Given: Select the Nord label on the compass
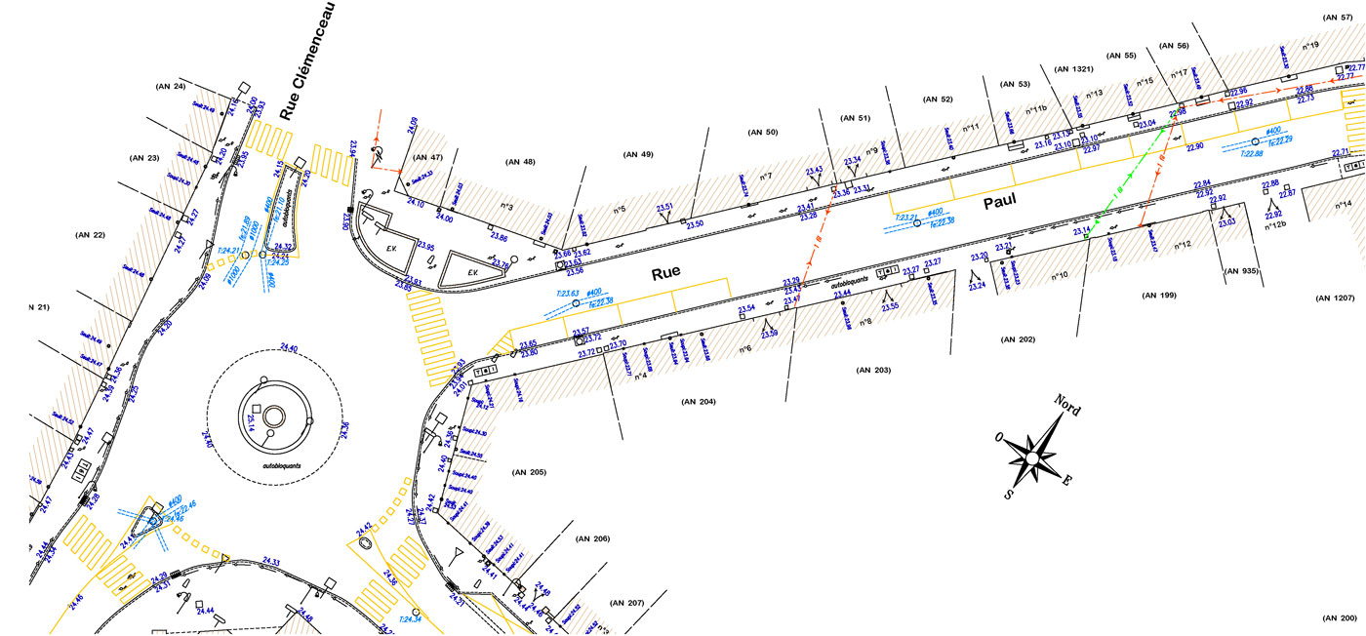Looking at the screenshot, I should click(1066, 405).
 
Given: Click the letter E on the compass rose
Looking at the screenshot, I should click(1067, 480).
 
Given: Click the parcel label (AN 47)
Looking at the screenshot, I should click(428, 157).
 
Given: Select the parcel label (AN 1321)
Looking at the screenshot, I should click(1074, 69).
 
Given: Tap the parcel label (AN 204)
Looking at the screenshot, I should click(699, 401).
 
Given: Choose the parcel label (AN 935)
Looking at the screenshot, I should click(1242, 270).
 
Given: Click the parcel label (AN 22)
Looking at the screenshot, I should click(89, 234).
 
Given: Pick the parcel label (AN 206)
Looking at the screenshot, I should click(591, 538).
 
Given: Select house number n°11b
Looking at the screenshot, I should click(1035, 109).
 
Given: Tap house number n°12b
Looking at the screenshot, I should click(1272, 225).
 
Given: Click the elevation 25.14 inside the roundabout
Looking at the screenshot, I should click(251, 421).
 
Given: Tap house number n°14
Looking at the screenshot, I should click(1344, 205).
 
